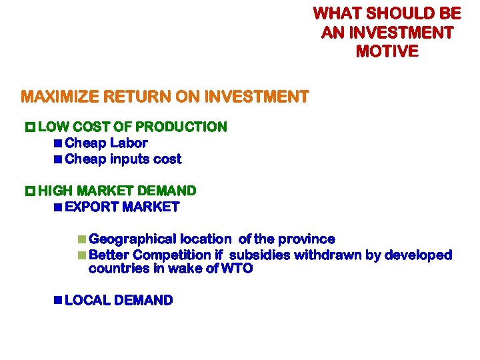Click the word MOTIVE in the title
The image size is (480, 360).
pyautogui.click(x=387, y=51)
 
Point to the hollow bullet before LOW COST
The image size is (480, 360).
pyautogui.click(x=29, y=127)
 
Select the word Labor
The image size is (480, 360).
pyautogui.click(x=129, y=143)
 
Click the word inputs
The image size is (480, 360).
pyautogui.click(x=127, y=159)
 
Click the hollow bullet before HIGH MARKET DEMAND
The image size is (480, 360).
pyautogui.click(x=29, y=191)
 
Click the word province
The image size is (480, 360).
pyautogui.click(x=306, y=239)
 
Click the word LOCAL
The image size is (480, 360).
pyautogui.click(x=87, y=301)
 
